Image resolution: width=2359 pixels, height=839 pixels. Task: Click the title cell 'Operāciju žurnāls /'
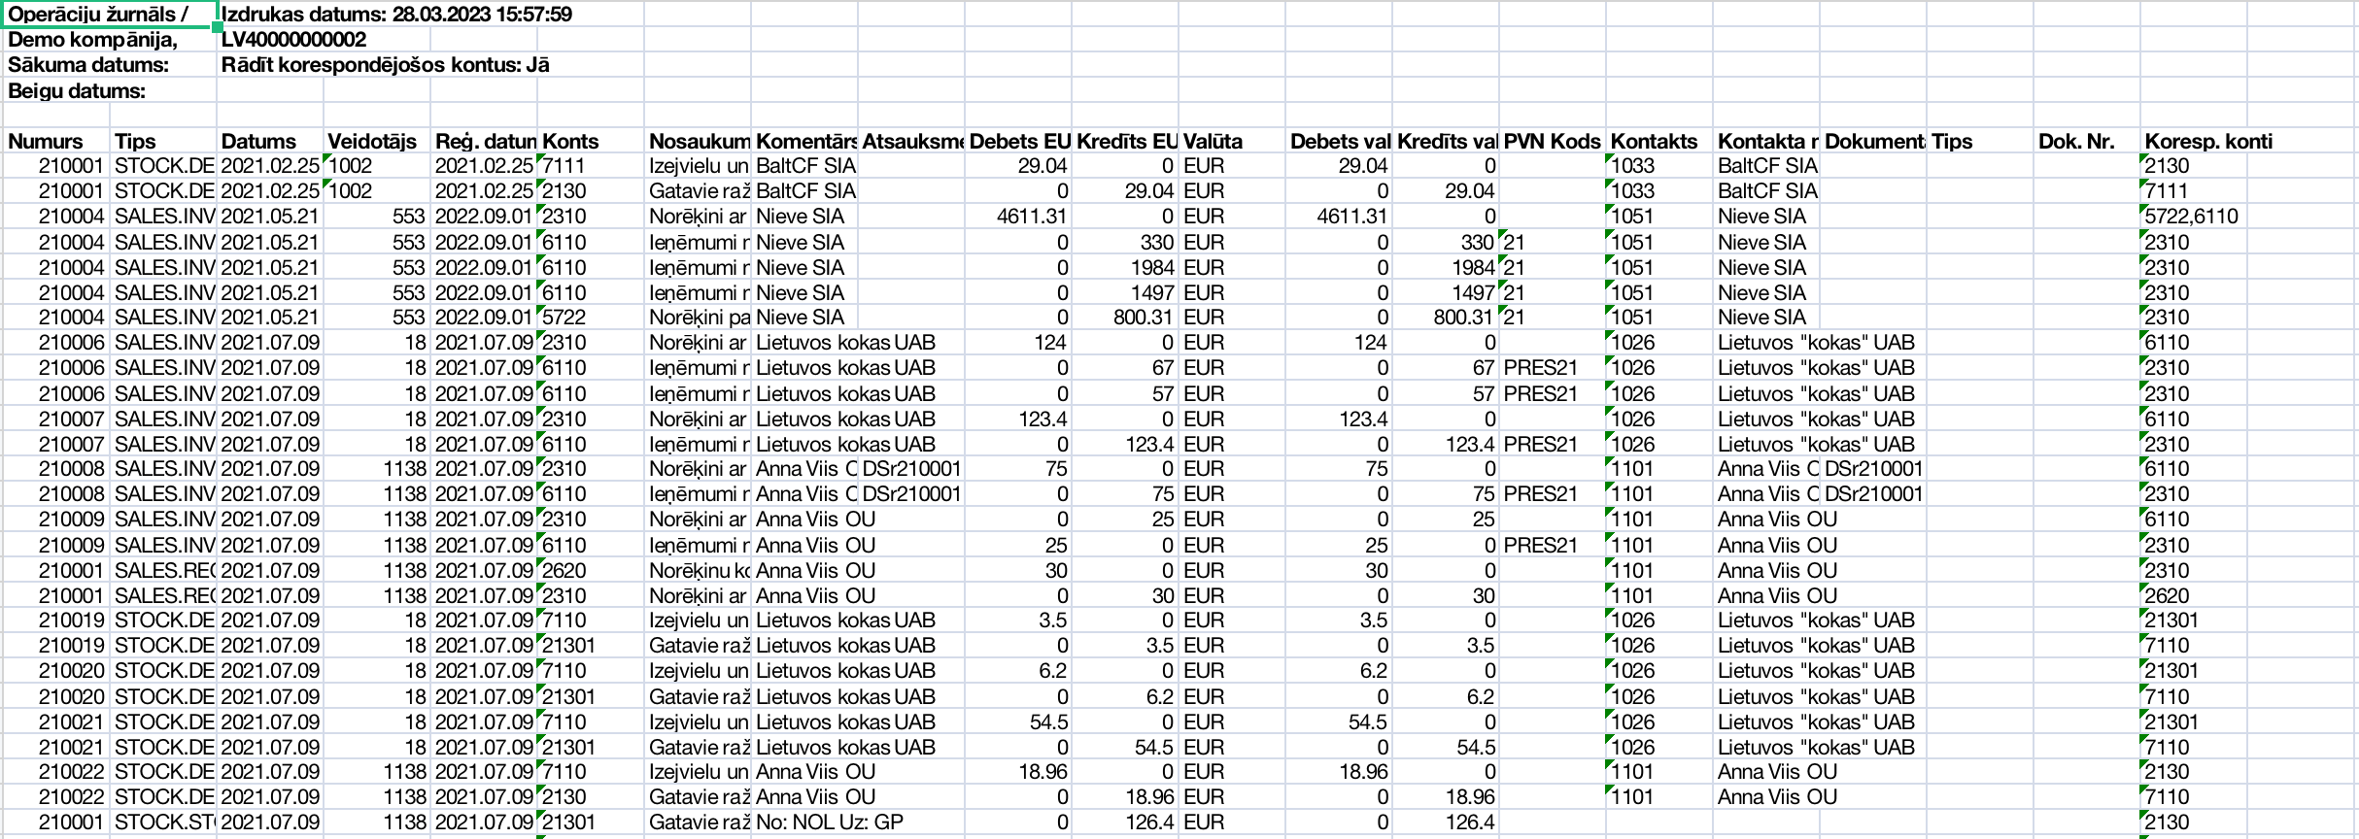pyautogui.click(x=98, y=15)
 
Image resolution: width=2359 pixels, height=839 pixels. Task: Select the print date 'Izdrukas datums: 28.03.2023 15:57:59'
pyautogui.click(x=396, y=15)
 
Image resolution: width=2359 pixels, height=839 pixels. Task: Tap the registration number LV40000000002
pyautogui.click(x=293, y=40)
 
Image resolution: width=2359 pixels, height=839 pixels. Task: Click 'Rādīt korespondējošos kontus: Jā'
pyautogui.click(x=385, y=65)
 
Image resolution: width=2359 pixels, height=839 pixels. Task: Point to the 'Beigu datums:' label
pyautogui.click(x=77, y=91)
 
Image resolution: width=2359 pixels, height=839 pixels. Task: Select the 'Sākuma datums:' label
pyautogui.click(x=88, y=65)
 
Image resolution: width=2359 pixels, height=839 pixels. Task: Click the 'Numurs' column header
pyautogui.click(x=46, y=142)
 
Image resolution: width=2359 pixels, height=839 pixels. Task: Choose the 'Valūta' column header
pyautogui.click(x=1213, y=142)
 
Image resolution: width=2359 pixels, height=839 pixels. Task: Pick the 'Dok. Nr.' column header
pyautogui.click(x=2076, y=142)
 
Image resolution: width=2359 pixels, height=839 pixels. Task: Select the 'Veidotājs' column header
pyautogui.click(x=372, y=142)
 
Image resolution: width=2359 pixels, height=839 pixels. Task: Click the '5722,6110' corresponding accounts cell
pyautogui.click(x=2191, y=217)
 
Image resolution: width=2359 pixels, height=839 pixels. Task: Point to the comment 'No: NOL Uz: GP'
pyautogui.click(x=829, y=822)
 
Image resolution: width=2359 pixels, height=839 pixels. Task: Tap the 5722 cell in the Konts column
pyautogui.click(x=564, y=318)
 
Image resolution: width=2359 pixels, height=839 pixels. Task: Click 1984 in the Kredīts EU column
pyautogui.click(x=1152, y=267)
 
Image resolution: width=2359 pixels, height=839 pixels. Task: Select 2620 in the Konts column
pyautogui.click(x=564, y=570)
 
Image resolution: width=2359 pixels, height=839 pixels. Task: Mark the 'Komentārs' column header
pyautogui.click(x=806, y=142)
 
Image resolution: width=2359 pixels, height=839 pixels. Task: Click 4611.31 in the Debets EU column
pyautogui.click(x=1032, y=217)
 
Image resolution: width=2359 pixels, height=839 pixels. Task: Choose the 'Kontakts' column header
pyautogui.click(x=1654, y=142)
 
